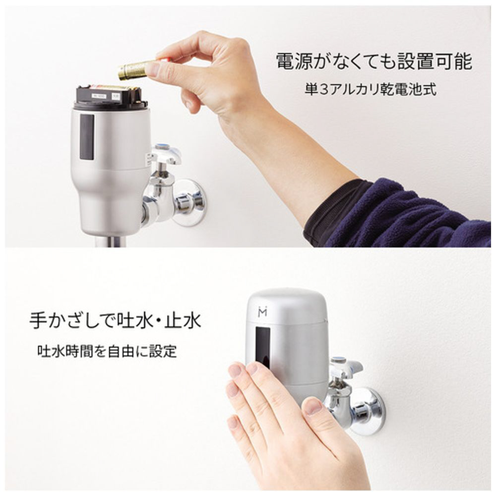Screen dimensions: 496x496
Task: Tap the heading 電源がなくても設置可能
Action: tap(374, 61)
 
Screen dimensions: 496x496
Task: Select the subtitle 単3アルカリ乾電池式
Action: tap(371, 89)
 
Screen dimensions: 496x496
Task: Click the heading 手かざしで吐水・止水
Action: tap(116, 320)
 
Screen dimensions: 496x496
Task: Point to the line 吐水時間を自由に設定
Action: tap(107, 351)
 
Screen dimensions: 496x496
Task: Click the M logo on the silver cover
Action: tap(262, 311)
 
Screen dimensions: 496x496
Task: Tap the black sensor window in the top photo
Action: tap(87, 137)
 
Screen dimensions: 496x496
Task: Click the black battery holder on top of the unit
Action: tap(111, 96)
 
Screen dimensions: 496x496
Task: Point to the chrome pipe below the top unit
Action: tap(111, 242)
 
